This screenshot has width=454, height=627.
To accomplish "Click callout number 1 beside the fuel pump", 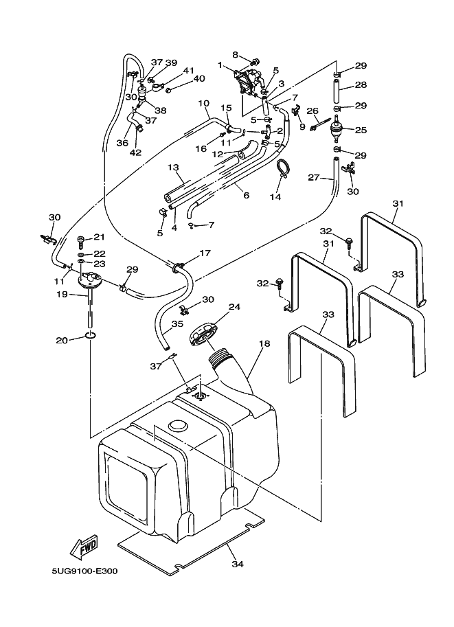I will [x=221, y=66].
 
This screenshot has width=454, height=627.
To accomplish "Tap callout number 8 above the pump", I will [x=235, y=54].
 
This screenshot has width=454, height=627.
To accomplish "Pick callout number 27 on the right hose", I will [x=313, y=177].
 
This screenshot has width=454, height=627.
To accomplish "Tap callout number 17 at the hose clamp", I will [x=205, y=253].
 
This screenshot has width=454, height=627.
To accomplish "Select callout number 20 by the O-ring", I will [x=62, y=339].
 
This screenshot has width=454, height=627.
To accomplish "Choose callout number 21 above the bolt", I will [x=98, y=237].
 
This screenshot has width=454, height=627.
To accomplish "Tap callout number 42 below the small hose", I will [x=135, y=152].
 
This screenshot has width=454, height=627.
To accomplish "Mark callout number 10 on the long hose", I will [x=203, y=103].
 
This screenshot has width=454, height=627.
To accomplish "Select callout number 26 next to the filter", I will [x=312, y=111].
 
